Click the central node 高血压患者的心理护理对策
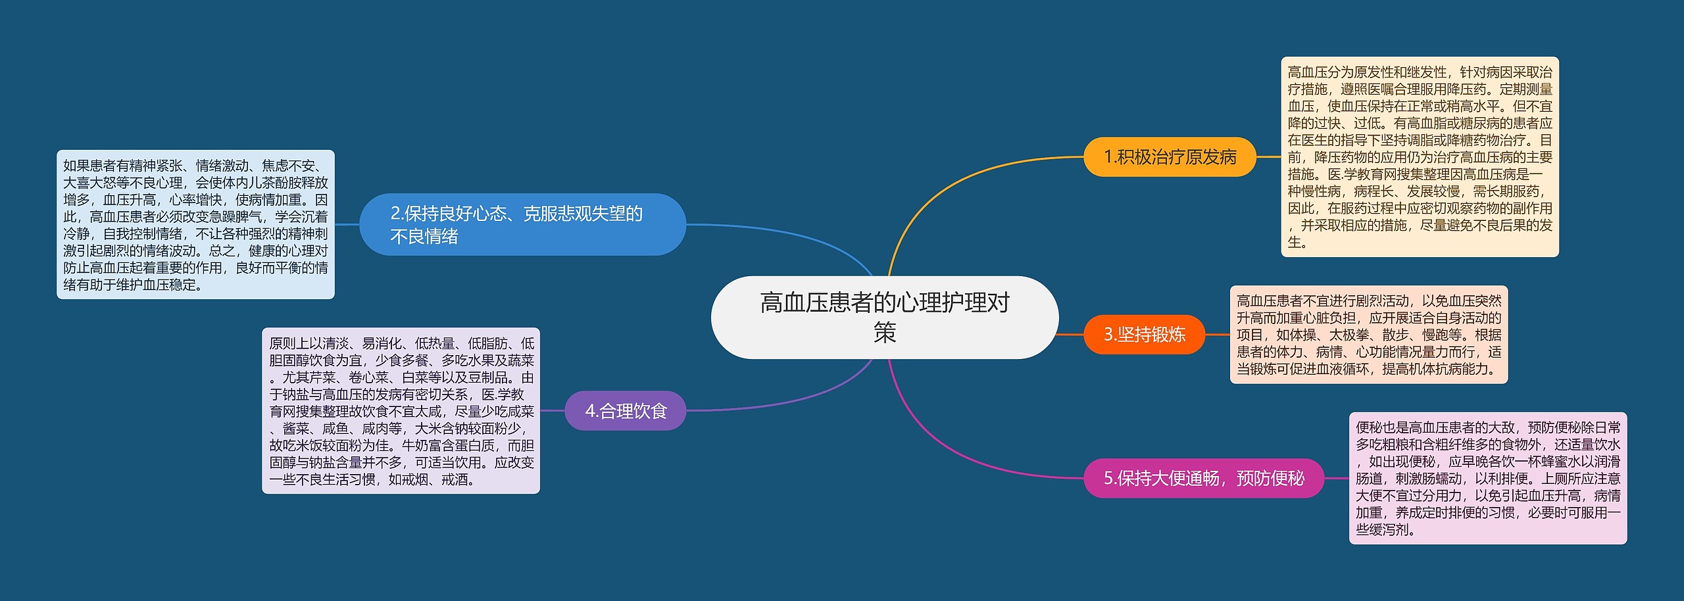pyautogui.click(x=885, y=318)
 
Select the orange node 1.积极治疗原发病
pyautogui.click(x=1170, y=157)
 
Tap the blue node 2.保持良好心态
pyautogui.click(x=522, y=224)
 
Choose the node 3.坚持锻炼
pyautogui.click(x=1144, y=335)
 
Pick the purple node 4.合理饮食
pyautogui.click(x=626, y=411)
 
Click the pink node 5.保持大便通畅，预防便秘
pyautogui.click(x=1203, y=478)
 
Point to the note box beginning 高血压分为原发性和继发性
pyautogui.click(x=1420, y=156)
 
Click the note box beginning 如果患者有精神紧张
pyautogui.click(x=195, y=224)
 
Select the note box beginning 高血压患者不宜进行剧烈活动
pyautogui.click(x=1368, y=335)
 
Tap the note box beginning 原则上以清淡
pyautogui.click(x=401, y=411)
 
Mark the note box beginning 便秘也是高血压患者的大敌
pyautogui.click(x=1487, y=478)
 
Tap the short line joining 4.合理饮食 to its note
pyautogui.click(x=553, y=411)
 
